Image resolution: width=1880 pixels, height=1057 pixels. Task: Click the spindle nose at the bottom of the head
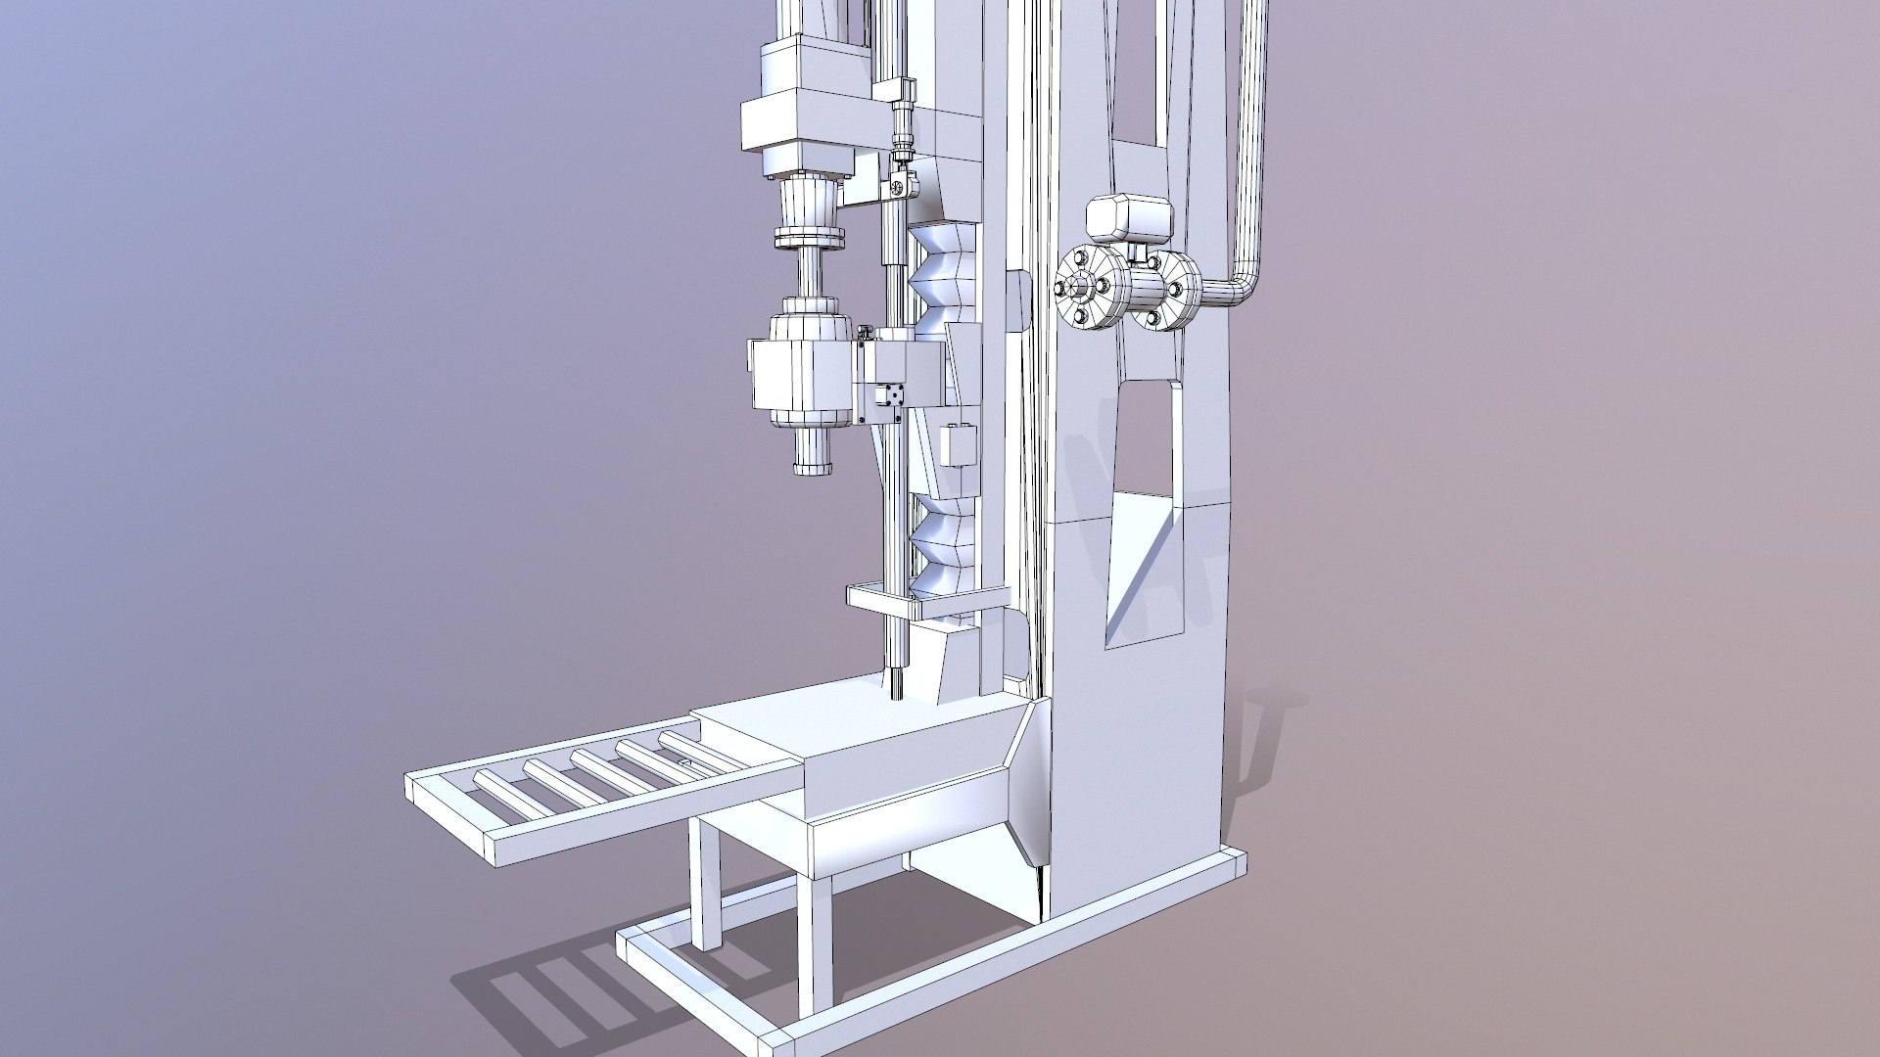pos(812,454)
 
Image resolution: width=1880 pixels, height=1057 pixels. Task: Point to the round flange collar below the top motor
pos(809,240)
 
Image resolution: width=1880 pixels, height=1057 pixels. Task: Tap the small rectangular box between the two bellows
pos(959,444)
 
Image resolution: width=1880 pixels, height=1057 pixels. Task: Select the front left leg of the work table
pos(707,887)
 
